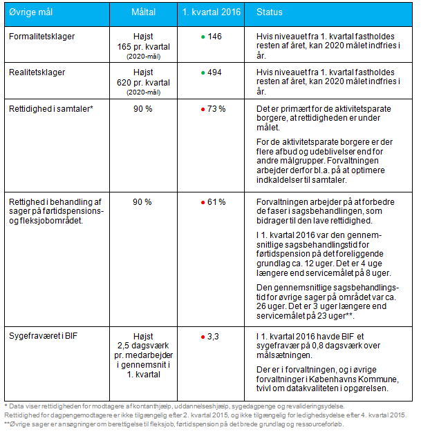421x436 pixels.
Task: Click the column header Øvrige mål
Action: click(x=30, y=12)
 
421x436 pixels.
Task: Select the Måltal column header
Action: click(x=144, y=12)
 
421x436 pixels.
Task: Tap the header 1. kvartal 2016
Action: click(x=212, y=12)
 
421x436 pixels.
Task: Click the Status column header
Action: click(x=270, y=12)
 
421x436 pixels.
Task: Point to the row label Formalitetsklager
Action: click(x=41, y=37)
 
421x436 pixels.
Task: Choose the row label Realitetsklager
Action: click(x=37, y=72)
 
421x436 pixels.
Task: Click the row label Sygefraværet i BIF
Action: click(x=43, y=336)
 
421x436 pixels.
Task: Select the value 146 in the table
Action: click(x=214, y=37)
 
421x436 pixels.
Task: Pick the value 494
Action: click(x=214, y=72)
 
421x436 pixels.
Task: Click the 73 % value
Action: click(x=216, y=109)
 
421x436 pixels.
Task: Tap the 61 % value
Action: click(x=216, y=202)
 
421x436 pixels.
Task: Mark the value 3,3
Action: click(x=213, y=337)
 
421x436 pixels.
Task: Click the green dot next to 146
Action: click(x=203, y=37)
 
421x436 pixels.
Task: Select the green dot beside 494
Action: click(x=203, y=73)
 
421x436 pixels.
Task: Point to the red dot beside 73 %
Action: click(x=203, y=109)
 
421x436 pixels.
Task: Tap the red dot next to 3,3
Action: click(x=203, y=337)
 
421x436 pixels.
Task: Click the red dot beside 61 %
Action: click(x=203, y=202)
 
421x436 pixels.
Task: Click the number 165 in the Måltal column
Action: click(x=124, y=47)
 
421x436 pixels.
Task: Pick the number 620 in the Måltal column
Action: click(x=124, y=83)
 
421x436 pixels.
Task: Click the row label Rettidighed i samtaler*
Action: click(x=51, y=109)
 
